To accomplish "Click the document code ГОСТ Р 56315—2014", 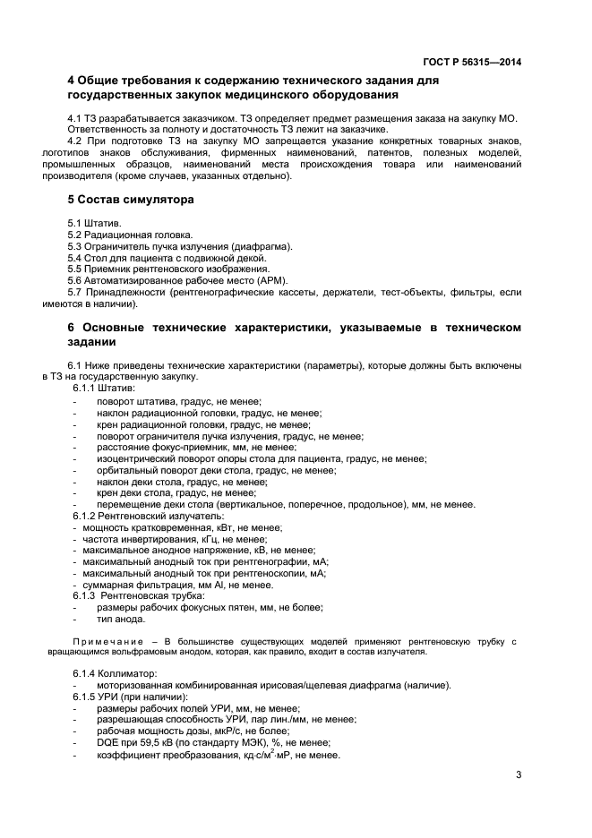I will (472, 61).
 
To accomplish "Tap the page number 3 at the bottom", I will (519, 775).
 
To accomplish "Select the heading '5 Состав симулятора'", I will (131, 199).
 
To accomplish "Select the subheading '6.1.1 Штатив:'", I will (104, 389).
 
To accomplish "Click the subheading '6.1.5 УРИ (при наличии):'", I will (131, 697).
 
